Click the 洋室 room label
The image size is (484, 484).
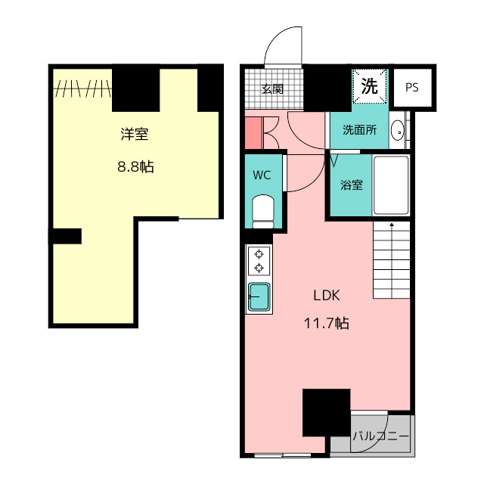click(x=135, y=135)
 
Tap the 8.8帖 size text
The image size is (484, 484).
click(x=135, y=166)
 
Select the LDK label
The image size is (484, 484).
click(x=327, y=296)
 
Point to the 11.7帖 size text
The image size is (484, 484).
click(x=327, y=324)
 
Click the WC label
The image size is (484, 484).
click(x=262, y=175)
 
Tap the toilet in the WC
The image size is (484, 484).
click(x=263, y=212)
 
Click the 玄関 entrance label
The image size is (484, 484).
click(x=272, y=89)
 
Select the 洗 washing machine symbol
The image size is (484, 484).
click(x=370, y=85)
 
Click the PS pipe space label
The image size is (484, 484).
click(x=411, y=88)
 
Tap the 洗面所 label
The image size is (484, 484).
click(x=360, y=130)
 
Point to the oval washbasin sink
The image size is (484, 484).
click(x=397, y=132)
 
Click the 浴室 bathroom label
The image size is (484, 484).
click(x=351, y=185)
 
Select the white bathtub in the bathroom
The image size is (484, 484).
click(x=391, y=185)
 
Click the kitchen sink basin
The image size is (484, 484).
click(x=259, y=297)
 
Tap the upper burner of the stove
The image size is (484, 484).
click(x=259, y=254)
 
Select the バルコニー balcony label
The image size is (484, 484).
click(x=381, y=436)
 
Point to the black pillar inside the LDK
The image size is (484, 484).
click(x=326, y=413)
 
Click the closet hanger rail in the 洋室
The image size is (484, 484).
click(x=82, y=88)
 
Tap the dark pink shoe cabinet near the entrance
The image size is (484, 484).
click(x=254, y=133)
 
